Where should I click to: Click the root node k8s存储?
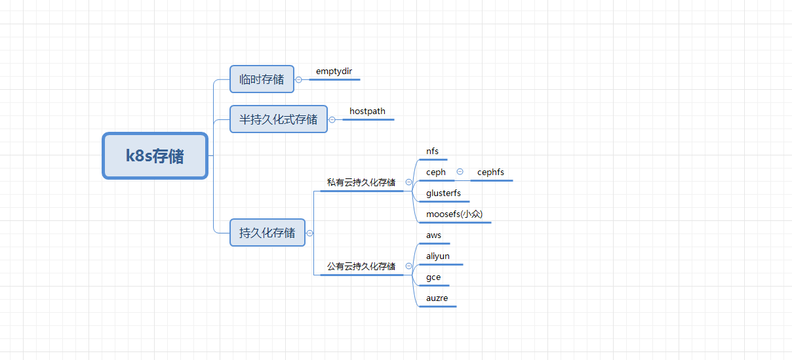(x=155, y=156)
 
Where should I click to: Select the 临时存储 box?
(x=262, y=79)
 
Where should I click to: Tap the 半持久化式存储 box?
(x=278, y=119)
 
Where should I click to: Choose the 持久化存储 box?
(x=267, y=233)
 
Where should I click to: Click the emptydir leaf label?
(x=334, y=71)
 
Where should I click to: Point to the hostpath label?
(x=367, y=111)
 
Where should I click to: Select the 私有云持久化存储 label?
(x=361, y=182)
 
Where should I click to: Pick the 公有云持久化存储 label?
(x=361, y=266)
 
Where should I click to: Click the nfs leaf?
(x=432, y=151)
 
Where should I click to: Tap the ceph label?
(x=436, y=172)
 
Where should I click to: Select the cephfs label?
(x=490, y=172)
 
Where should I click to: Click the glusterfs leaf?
(x=443, y=193)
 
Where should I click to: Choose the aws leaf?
(x=433, y=235)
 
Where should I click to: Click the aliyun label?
(x=438, y=256)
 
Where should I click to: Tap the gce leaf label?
(x=433, y=277)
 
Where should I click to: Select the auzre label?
(x=437, y=298)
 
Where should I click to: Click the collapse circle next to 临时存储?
(x=299, y=79)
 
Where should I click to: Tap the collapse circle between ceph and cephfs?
(x=460, y=172)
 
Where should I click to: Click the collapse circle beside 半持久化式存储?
(x=332, y=119)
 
